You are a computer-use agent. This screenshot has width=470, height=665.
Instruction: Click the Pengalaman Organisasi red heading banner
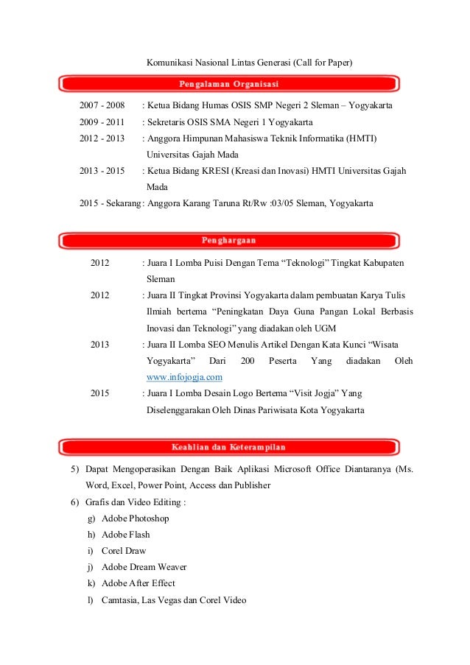229,83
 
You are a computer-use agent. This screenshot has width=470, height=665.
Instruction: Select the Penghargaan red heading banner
229,240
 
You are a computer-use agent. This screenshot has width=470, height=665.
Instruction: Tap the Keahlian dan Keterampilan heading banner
229,447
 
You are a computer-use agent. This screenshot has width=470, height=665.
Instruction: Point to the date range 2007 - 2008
102,106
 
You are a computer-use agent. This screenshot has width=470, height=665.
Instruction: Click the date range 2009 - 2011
102,122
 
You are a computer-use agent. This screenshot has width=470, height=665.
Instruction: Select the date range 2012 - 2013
102,138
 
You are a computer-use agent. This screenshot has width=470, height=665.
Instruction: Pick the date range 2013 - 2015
102,171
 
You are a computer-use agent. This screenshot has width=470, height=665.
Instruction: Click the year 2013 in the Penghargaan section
99,345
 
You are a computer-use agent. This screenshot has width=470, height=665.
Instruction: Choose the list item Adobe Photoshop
136,518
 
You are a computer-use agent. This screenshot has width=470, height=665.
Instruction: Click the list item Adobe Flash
126,535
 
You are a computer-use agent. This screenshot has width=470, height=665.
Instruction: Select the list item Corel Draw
124,551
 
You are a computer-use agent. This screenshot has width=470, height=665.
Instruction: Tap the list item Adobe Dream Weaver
144,567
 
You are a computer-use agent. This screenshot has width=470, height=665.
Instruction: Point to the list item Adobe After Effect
138,583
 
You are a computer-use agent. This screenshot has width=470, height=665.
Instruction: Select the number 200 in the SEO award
248,362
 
